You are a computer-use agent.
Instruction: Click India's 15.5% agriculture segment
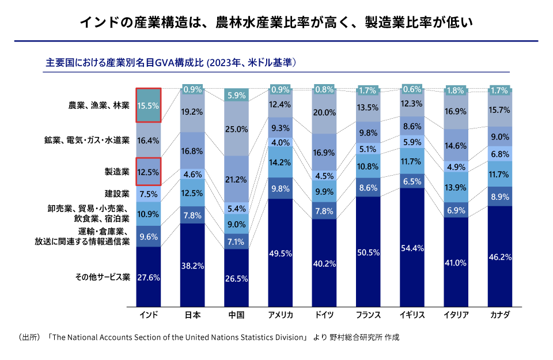(x=148, y=105)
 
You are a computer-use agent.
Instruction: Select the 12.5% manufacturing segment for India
(x=148, y=172)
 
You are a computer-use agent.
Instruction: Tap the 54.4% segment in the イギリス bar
(x=412, y=248)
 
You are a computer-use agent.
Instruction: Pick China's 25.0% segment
(x=236, y=129)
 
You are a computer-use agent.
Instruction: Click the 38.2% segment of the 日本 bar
(x=192, y=266)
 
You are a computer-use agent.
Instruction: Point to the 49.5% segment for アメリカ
(x=281, y=253)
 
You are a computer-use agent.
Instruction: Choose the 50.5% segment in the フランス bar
(x=368, y=252)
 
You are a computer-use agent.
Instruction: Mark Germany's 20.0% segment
(x=324, y=113)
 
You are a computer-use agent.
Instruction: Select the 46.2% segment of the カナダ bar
(x=500, y=257)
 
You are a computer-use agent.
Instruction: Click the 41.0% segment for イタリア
(x=456, y=263)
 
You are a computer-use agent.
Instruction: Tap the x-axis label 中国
(x=236, y=315)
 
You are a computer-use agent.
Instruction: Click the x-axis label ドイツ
(x=324, y=315)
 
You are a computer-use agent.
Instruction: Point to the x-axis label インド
(x=148, y=315)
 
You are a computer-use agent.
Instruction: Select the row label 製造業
(x=117, y=172)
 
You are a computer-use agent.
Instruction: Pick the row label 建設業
(x=117, y=194)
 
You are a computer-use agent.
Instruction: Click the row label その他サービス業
(x=103, y=277)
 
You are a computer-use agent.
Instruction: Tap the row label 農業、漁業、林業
(x=99, y=105)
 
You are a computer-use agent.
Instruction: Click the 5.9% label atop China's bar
(x=236, y=95)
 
